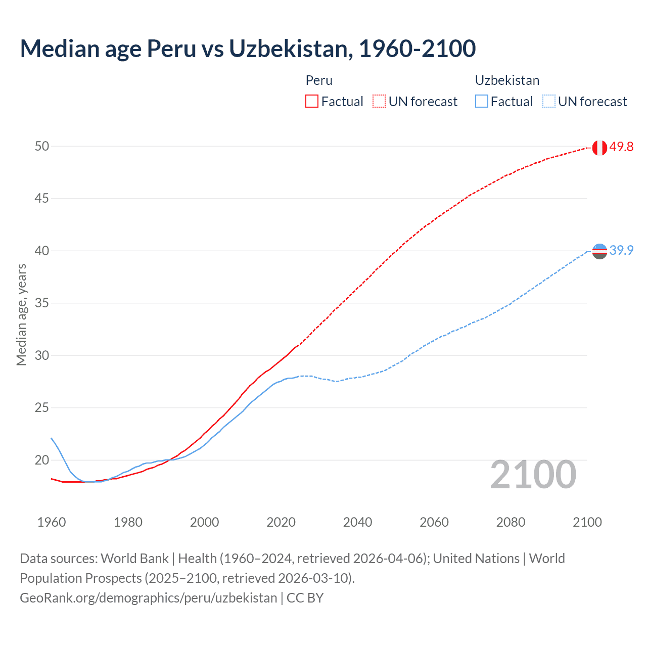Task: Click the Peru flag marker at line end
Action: [599, 148]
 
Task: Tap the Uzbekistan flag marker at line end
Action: [599, 251]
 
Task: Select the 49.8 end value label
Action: [621, 147]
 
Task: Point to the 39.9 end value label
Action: [621, 250]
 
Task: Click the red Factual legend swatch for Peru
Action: [312, 102]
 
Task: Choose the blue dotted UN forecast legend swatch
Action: [549, 102]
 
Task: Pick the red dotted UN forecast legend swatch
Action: [379, 102]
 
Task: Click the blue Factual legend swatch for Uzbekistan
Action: [482, 102]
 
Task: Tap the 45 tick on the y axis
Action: [42, 198]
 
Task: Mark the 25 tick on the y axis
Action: [42, 407]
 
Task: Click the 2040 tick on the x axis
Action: [357, 522]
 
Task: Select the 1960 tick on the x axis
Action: [52, 522]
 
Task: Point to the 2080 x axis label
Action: [511, 522]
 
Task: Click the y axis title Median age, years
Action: [21, 314]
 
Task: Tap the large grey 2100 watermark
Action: [533, 475]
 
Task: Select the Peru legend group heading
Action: [319, 80]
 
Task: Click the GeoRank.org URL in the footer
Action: [148, 598]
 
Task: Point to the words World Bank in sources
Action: [134, 559]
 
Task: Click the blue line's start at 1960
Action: [52, 438]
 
